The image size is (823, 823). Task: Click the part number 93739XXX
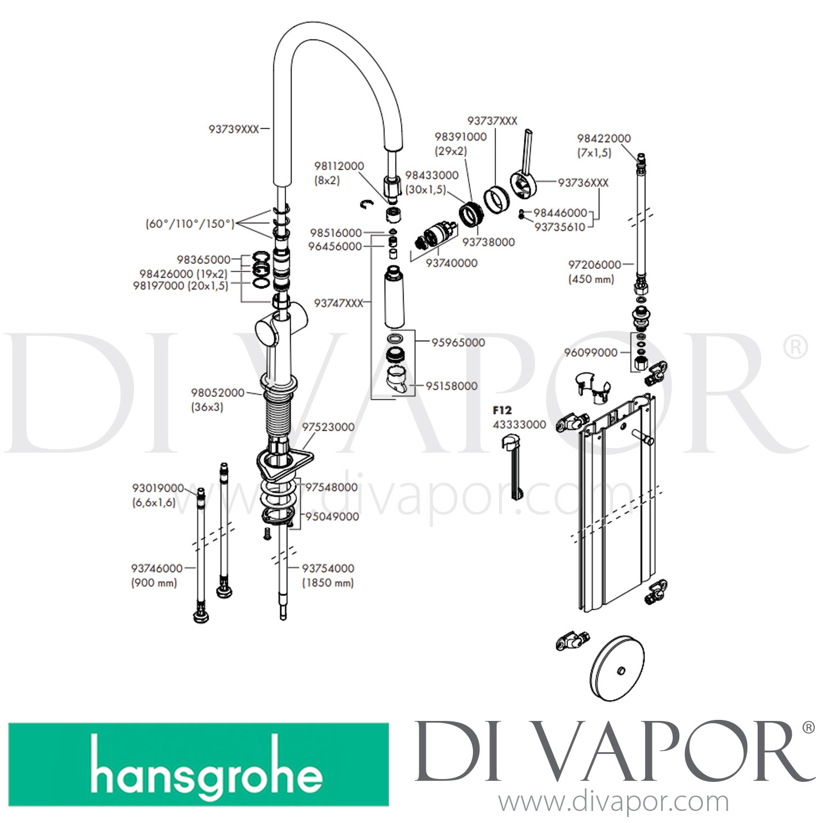(x=233, y=129)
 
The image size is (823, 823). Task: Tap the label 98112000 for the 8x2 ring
(x=339, y=166)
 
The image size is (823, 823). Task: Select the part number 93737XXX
(x=492, y=121)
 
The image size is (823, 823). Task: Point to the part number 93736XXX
(x=583, y=183)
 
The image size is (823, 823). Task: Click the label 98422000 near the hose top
(x=604, y=138)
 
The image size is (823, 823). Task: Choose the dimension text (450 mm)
(x=591, y=279)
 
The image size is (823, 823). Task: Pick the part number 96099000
(x=591, y=352)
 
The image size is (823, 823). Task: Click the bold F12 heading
(x=502, y=410)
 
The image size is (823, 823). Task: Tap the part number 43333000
(x=520, y=424)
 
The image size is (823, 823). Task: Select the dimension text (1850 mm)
(x=328, y=583)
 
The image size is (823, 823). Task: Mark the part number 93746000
(x=157, y=568)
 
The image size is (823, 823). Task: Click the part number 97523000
(x=328, y=427)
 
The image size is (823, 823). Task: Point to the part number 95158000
(x=452, y=386)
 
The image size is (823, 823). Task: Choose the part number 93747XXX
(x=339, y=303)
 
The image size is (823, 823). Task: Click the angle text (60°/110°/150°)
(x=190, y=223)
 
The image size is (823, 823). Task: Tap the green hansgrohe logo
(x=199, y=764)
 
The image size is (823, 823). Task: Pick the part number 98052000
(x=218, y=393)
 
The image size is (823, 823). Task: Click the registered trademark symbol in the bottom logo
(x=809, y=728)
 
